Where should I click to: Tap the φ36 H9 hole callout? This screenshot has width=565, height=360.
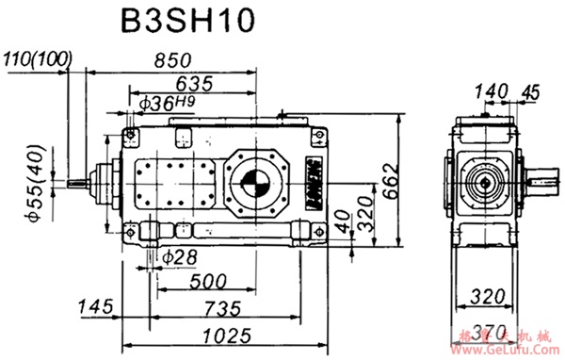point(166,103)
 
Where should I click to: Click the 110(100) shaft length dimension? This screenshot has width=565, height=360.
point(37,59)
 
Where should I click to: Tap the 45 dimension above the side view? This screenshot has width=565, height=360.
point(529,90)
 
